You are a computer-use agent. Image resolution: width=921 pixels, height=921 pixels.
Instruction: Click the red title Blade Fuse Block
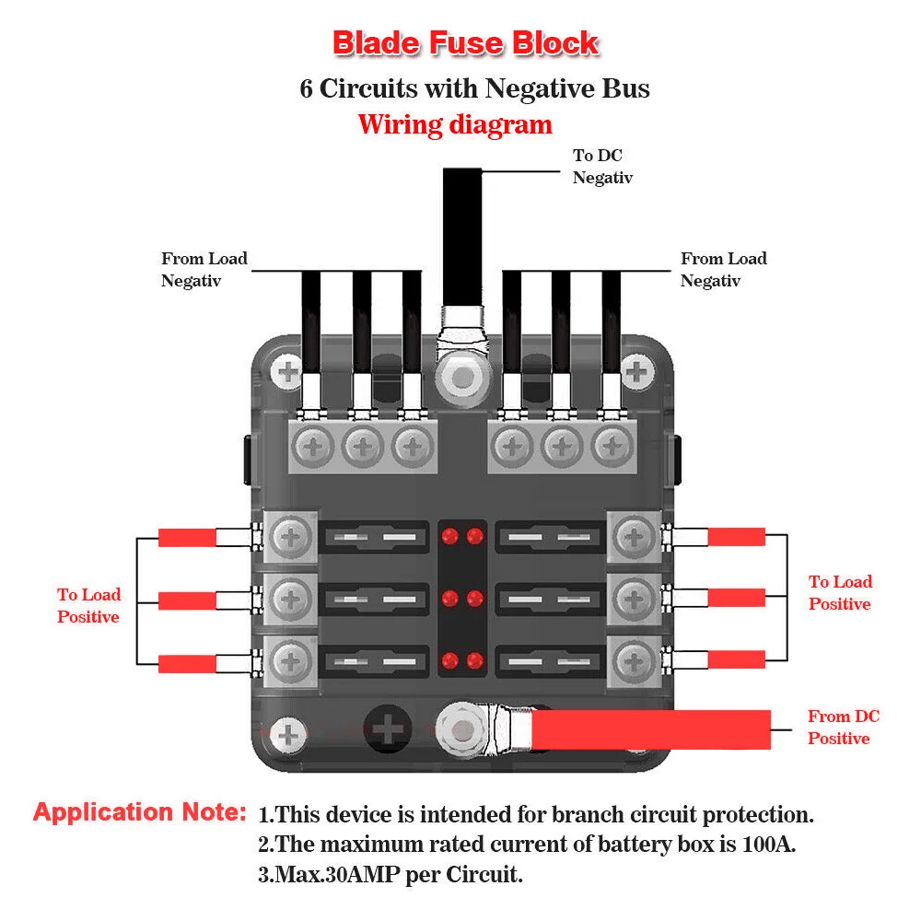tap(465, 43)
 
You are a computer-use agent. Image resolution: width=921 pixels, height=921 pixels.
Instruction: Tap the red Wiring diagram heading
tap(455, 124)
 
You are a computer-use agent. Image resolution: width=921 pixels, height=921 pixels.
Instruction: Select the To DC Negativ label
tap(602, 166)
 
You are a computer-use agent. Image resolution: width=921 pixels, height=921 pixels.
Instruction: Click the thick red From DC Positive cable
tap(651, 729)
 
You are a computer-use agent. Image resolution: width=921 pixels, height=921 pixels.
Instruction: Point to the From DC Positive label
tap(843, 728)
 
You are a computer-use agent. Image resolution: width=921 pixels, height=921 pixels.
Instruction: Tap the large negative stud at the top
tap(463, 378)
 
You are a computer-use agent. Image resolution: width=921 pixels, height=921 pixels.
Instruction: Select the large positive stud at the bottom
tap(463, 730)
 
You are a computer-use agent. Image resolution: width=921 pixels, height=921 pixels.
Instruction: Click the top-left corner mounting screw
tap(287, 371)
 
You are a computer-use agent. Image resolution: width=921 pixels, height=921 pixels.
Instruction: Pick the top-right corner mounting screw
tap(636, 371)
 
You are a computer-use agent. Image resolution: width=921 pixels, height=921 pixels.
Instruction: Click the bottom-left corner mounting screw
tap(287, 734)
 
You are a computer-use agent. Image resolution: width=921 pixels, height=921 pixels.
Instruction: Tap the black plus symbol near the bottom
tap(387, 729)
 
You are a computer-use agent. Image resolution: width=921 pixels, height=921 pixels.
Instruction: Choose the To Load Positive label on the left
tap(88, 606)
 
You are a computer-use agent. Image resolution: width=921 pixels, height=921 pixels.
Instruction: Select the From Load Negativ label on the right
tap(724, 270)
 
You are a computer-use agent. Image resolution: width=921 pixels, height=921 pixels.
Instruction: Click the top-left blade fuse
tap(375, 537)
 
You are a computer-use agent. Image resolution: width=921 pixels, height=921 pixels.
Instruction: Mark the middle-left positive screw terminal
tap(291, 600)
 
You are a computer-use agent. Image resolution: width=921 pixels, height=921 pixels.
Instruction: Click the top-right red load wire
tap(736, 536)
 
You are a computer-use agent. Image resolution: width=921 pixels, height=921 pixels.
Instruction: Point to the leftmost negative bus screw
tap(313, 447)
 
